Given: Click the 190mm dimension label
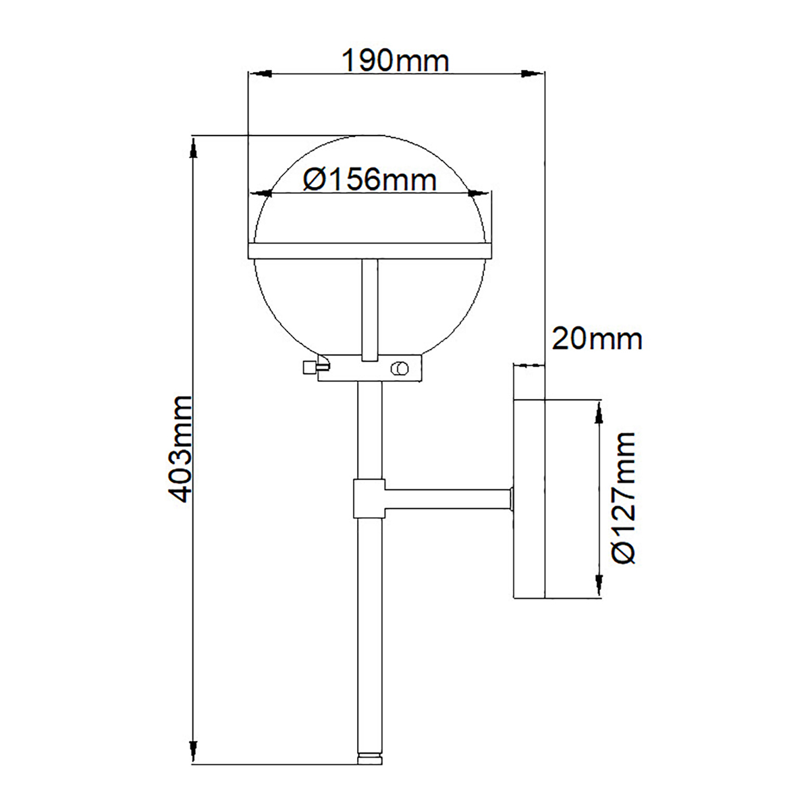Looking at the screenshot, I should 395,61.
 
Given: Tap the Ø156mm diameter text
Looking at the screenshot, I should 369,180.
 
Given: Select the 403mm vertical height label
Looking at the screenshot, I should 180,450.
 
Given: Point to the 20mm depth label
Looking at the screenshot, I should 597,338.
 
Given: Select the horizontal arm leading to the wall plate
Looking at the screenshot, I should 446,500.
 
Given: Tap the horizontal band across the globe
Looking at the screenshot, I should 369,250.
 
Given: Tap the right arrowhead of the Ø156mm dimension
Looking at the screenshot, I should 479,194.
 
